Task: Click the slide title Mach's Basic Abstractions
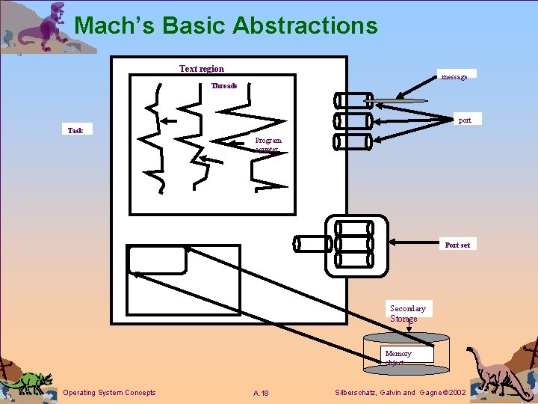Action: click(226, 25)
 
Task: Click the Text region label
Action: click(201, 69)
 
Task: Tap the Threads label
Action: click(223, 85)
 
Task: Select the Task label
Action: click(75, 130)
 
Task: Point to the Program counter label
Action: click(268, 144)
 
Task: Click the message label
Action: click(454, 76)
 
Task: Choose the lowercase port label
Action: click(465, 120)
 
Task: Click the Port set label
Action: click(457, 245)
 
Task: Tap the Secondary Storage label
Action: click(407, 313)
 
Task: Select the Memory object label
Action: click(398, 358)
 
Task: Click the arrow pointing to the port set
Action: click(415, 243)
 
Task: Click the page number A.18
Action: click(261, 393)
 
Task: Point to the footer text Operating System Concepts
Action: click(110, 393)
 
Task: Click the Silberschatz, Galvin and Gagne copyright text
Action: click(401, 393)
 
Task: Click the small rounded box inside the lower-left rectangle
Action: click(157, 260)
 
